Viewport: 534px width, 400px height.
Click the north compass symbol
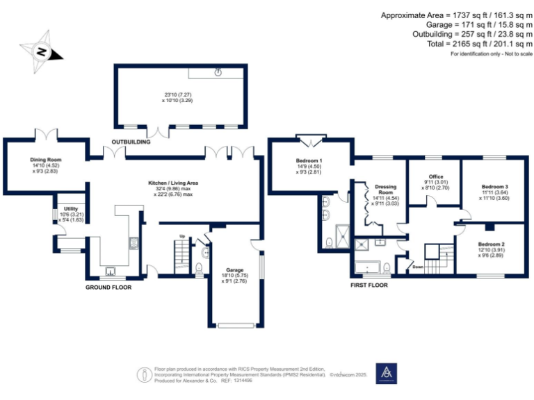point(42,51)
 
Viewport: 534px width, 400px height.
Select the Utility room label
point(71,208)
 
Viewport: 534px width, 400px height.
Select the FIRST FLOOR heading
point(369,285)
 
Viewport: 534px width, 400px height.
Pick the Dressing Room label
point(385,189)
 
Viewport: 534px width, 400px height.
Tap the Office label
point(436,176)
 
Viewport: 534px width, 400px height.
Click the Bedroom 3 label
point(494,187)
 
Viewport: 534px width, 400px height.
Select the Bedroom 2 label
point(490,244)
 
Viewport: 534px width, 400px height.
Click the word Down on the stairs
point(418,266)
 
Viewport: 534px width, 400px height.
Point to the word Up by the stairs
point(183,236)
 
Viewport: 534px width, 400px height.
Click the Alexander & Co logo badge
point(386,374)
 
